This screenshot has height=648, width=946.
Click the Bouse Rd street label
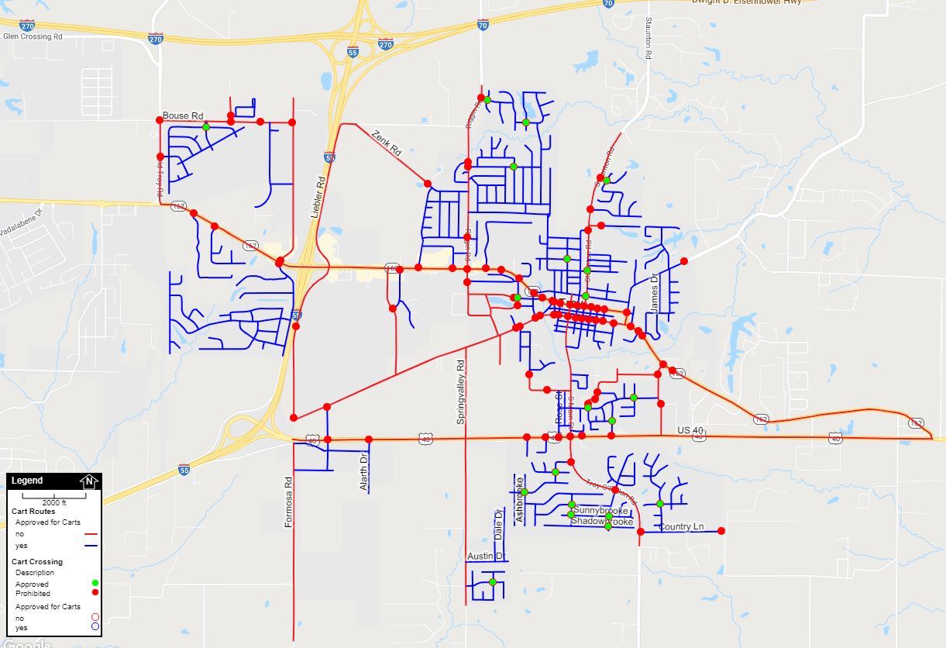(183, 115)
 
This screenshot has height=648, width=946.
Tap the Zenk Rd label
(386, 142)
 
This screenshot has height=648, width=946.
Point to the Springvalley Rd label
(460, 391)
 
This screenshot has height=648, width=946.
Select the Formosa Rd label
(288, 502)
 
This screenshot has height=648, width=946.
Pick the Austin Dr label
(486, 556)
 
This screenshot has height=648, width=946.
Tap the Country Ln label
(681, 527)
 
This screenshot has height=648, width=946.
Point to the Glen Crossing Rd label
(33, 36)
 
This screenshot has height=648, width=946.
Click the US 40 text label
(690, 430)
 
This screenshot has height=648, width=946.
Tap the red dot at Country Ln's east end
(721, 531)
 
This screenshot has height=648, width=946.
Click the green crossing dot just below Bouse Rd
(206, 127)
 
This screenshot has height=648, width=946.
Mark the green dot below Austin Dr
(493, 582)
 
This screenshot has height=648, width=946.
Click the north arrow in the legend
(89, 481)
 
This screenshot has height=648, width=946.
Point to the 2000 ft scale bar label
(53, 502)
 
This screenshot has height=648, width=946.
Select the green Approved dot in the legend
(95, 583)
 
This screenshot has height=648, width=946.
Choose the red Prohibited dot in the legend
(95, 592)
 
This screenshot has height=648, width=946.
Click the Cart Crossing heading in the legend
(37, 561)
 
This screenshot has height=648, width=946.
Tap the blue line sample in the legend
(91, 546)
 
